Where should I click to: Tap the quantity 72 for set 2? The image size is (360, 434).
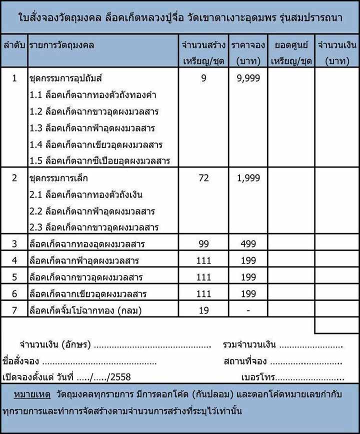coord(203,178)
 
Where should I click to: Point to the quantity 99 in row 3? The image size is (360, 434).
coord(203,244)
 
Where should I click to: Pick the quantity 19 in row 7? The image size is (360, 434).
coord(203,310)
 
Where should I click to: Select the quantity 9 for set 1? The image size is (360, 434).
coord(203,78)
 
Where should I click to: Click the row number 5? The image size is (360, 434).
coord(14,277)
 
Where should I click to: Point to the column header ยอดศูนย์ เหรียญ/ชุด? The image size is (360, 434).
coord(291,52)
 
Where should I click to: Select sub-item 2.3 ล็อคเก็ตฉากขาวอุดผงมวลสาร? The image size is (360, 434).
coord(94,227)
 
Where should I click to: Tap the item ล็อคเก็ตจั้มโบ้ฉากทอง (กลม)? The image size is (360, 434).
coord(85,310)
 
